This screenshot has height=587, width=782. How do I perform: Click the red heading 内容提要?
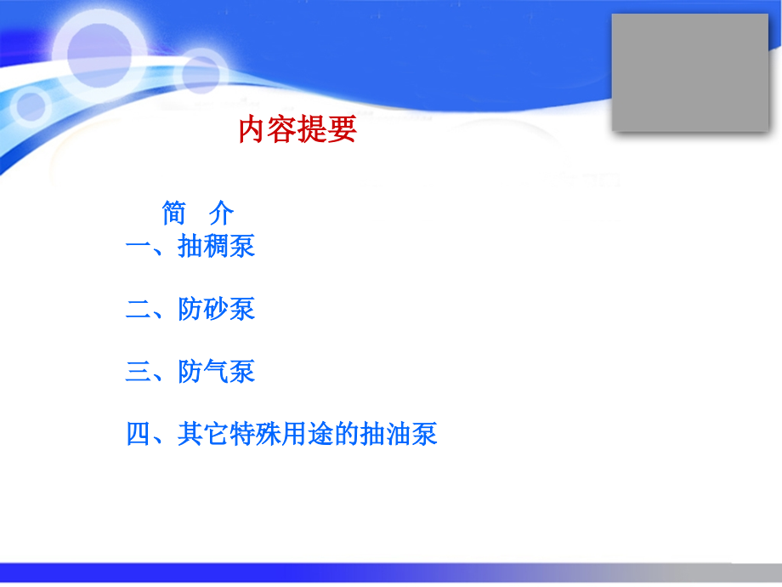[297, 130]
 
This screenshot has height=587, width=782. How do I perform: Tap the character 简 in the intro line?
[174, 213]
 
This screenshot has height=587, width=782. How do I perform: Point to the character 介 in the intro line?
[221, 213]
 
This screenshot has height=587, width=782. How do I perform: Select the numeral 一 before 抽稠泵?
[139, 247]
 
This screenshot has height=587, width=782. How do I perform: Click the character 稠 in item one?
[217, 247]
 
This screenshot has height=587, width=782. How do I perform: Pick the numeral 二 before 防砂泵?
[139, 309]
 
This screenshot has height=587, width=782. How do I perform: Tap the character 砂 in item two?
[217, 309]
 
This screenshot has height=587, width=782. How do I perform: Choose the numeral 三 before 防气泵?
[139, 372]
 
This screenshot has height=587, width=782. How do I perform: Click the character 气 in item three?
[217, 372]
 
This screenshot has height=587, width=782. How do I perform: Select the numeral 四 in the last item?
[139, 435]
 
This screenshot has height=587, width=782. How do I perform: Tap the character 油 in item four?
[398, 435]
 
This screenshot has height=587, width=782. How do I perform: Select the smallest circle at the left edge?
[31, 105]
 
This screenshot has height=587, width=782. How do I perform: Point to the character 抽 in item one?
[191, 247]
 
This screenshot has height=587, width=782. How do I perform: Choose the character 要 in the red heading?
[342, 130]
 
